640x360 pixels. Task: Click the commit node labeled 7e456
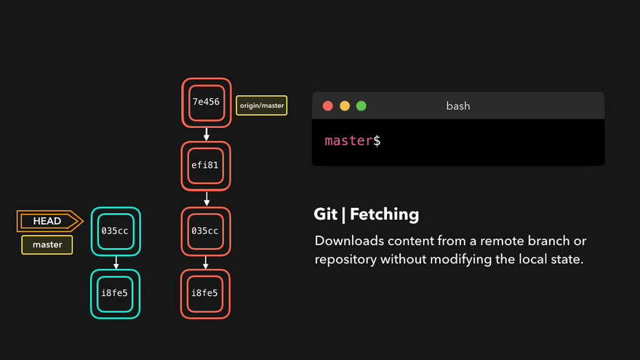pyautogui.click(x=206, y=103)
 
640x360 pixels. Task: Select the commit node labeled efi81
pyautogui.click(x=206, y=165)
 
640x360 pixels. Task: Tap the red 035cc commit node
pyautogui.click(x=206, y=231)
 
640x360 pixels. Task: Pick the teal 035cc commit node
pyautogui.click(x=116, y=231)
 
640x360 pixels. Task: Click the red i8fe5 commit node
pyautogui.click(x=206, y=294)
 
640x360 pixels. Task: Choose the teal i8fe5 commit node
pyautogui.click(x=116, y=294)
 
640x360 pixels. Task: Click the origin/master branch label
pyautogui.click(x=262, y=106)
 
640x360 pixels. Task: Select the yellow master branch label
pyautogui.click(x=47, y=245)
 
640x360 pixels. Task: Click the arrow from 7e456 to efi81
pyautogui.click(x=206, y=135)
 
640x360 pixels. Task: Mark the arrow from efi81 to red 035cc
pyautogui.click(x=206, y=199)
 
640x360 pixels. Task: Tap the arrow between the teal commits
pyautogui.click(x=116, y=263)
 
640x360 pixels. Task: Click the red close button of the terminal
pyautogui.click(x=328, y=106)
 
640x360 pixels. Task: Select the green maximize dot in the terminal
pyautogui.click(x=361, y=106)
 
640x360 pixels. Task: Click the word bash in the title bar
pyautogui.click(x=458, y=106)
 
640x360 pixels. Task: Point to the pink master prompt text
pyautogui.click(x=348, y=141)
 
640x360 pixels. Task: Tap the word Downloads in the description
pyautogui.click(x=347, y=241)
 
